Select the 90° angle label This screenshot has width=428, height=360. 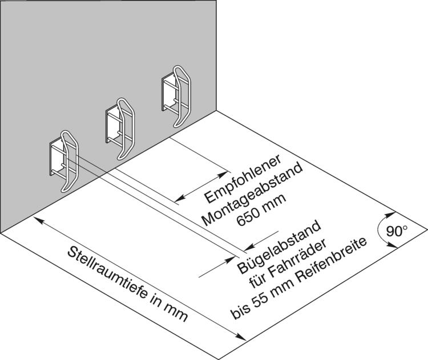[x=397, y=232]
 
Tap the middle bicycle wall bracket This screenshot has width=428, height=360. [x=120, y=128]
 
